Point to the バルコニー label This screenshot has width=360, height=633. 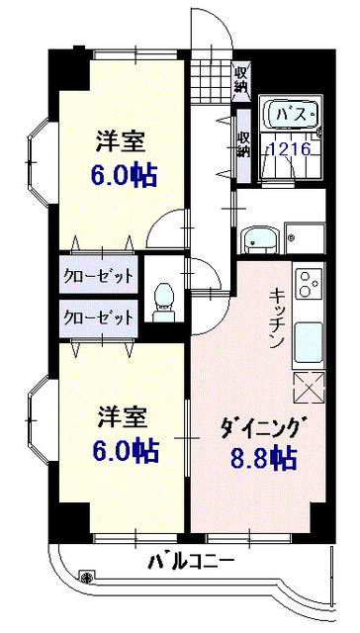[192, 563]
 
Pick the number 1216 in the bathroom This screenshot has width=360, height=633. [290, 149]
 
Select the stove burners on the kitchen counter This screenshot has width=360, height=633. [309, 283]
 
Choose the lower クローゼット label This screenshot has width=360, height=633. [98, 317]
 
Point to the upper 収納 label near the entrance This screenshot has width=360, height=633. [241, 78]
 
